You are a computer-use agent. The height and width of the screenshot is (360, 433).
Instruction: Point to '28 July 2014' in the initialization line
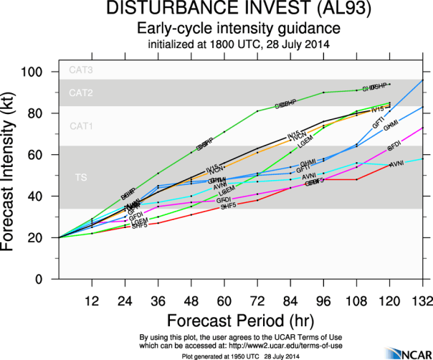coord(294,44)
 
